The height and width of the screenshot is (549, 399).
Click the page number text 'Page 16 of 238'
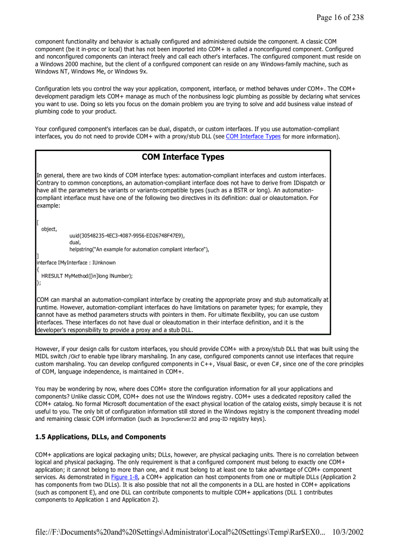coord(339,18)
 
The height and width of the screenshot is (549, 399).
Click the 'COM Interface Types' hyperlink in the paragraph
coord(253,136)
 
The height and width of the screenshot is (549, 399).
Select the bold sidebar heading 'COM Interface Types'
coord(183,157)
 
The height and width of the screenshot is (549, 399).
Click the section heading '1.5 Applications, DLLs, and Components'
coord(101,437)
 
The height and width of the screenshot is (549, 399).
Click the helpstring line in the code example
coord(139,249)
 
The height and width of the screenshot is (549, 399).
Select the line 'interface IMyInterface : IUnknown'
coord(76,263)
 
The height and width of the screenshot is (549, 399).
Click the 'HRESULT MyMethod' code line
coord(87,276)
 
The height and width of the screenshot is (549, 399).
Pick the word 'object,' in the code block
coord(49,229)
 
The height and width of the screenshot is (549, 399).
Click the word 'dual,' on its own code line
coord(75,242)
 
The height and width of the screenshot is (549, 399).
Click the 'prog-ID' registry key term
coord(218,419)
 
